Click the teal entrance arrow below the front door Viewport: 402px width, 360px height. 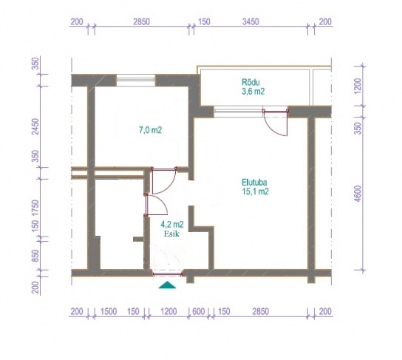tap(167, 285)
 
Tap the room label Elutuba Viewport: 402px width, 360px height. tap(254, 183)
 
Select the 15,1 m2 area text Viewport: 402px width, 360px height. tap(256, 191)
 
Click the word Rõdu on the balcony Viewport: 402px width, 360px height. tap(251, 82)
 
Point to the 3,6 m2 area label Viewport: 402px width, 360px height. tap(253, 92)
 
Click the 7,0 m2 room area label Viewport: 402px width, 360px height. tap(151, 130)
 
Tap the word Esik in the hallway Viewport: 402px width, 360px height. tap(171, 234)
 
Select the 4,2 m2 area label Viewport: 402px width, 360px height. tap(172, 225)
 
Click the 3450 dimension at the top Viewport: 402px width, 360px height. tap(251, 21)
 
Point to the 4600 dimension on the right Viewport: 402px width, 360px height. tap(358, 194)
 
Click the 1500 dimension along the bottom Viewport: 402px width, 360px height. tap(109, 311)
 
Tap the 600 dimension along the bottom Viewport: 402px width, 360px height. tap(199, 311)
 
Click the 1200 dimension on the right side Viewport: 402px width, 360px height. tap(358, 86)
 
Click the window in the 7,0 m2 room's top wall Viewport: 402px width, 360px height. tap(136, 80)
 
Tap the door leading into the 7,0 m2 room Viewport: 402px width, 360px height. tap(164, 180)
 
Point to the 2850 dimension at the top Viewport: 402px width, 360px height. tap(142, 21)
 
